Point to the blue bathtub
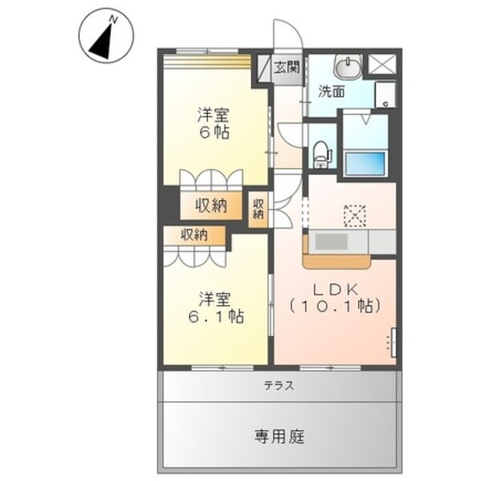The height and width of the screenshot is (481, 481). pyautogui.click(x=364, y=163)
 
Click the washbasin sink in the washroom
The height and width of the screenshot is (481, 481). pyautogui.click(x=350, y=64)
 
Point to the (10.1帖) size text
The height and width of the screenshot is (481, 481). pyautogui.click(x=334, y=306)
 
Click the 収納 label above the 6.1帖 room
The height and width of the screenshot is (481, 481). pyautogui.click(x=194, y=235)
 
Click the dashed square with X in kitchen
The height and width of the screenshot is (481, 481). pyautogui.click(x=354, y=215)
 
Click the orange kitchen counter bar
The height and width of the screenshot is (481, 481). pyautogui.click(x=337, y=261)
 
